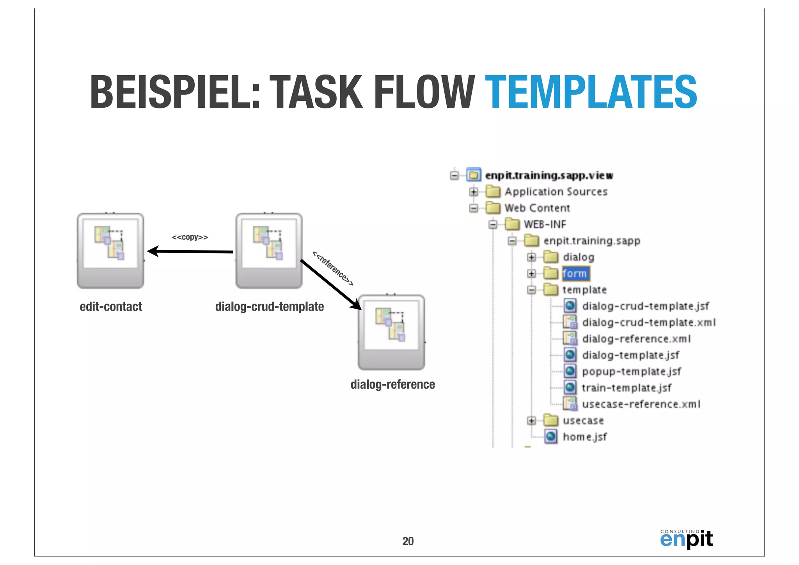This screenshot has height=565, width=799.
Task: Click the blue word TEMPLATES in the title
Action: pyautogui.click(x=591, y=92)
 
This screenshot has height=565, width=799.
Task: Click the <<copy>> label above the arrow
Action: pyautogui.click(x=190, y=237)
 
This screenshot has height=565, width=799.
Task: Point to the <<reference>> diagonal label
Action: pyautogui.click(x=333, y=268)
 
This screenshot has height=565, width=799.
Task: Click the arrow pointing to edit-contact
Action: pyautogui.click(x=190, y=252)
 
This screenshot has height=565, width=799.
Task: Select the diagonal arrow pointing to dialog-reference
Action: pyautogui.click(x=331, y=284)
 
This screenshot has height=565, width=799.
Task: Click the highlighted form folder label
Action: pyautogui.click(x=575, y=274)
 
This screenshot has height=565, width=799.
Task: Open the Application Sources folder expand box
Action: pyautogui.click(x=474, y=192)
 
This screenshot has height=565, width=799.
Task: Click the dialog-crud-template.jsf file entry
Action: pyautogui.click(x=645, y=306)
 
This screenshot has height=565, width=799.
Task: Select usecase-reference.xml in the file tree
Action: pyautogui.click(x=641, y=404)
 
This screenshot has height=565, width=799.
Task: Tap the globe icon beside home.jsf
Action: pyautogui.click(x=550, y=437)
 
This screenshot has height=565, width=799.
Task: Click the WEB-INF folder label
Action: pyautogui.click(x=545, y=224)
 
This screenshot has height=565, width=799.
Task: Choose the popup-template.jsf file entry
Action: pyautogui.click(x=631, y=371)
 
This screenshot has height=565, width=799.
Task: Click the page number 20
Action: pyautogui.click(x=408, y=541)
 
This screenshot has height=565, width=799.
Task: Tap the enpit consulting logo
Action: pyautogui.click(x=686, y=539)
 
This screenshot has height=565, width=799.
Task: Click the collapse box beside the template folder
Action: pyautogui.click(x=531, y=290)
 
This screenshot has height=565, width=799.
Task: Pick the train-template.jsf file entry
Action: pyautogui.click(x=627, y=388)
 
